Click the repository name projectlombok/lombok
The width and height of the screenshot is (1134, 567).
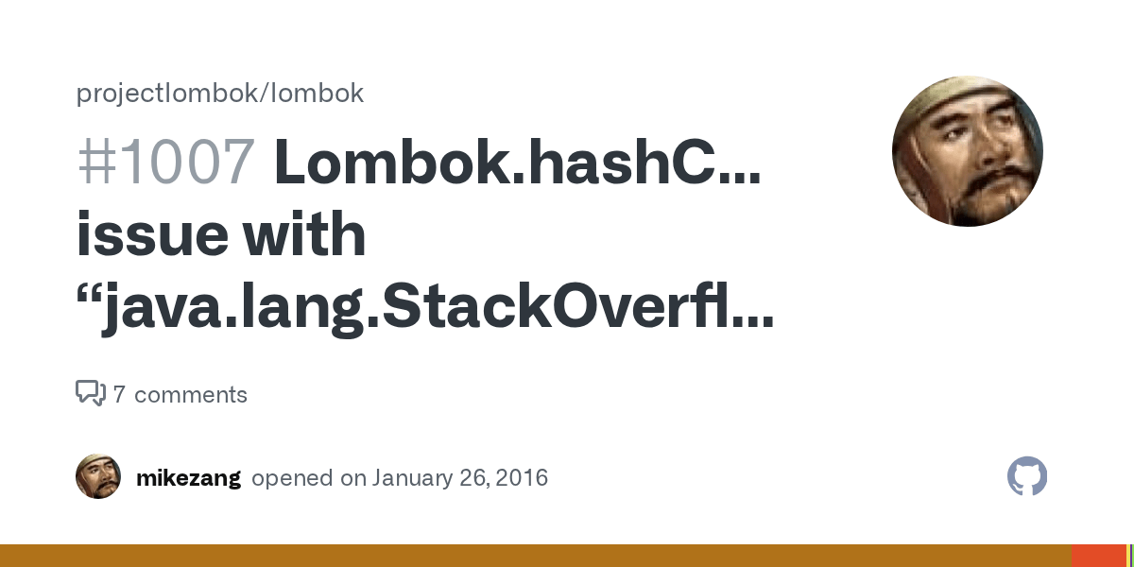[219, 94]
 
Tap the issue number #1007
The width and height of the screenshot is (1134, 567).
[165, 162]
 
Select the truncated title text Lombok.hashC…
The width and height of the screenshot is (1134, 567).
[518, 162]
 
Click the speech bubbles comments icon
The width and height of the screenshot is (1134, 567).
[90, 393]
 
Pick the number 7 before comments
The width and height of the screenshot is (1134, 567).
[119, 395]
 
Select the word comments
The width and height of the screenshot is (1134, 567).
[191, 395]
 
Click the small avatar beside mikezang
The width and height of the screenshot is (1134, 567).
[98, 476]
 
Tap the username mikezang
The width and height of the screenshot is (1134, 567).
[188, 478]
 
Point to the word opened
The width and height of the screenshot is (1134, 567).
[293, 478]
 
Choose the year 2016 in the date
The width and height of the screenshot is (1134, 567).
[522, 478]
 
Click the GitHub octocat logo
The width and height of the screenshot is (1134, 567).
[1027, 477]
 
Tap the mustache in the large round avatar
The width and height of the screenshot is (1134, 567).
[988, 180]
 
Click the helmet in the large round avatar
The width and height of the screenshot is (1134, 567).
[954, 99]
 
